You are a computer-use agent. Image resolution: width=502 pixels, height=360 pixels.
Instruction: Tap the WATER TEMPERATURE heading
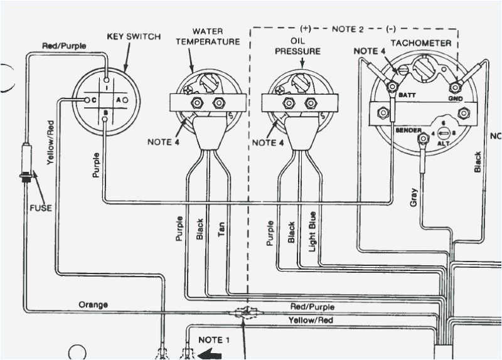(207, 36)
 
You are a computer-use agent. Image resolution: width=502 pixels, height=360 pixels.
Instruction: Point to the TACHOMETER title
(420, 43)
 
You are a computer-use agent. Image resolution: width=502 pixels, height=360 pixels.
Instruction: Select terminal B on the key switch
(105, 114)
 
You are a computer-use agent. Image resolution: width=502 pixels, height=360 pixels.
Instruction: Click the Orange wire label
(93, 305)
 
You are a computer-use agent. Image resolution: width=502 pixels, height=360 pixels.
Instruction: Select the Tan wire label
(221, 231)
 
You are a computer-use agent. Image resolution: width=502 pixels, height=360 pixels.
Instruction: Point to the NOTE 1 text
(215, 339)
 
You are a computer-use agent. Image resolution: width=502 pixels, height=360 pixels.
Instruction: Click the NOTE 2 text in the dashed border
(347, 28)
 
